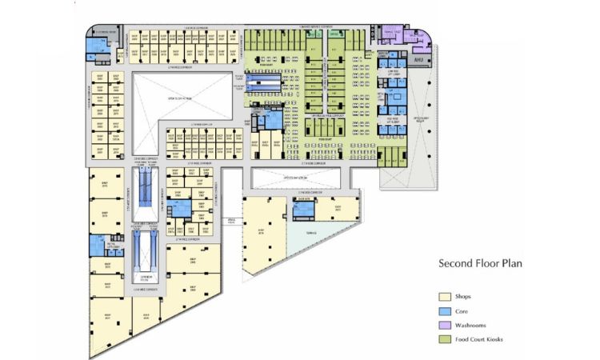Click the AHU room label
[418, 59]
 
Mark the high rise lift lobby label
[393, 120]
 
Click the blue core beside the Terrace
[303, 210]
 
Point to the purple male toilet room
[419, 36]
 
